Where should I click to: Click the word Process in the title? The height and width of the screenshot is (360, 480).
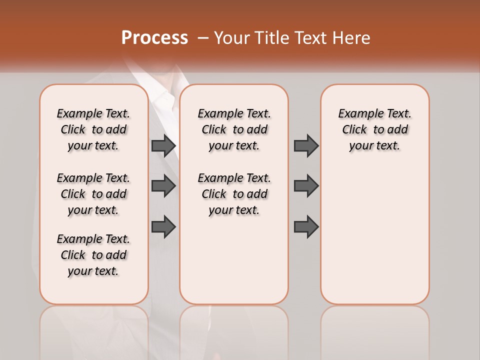(154, 38)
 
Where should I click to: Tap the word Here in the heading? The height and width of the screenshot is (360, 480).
(352, 38)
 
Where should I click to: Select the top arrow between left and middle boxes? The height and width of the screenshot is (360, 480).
(163, 145)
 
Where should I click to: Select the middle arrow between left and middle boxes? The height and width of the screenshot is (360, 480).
(163, 186)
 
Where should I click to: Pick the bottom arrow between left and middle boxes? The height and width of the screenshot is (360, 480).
(163, 226)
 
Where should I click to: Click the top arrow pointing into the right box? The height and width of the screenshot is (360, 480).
(306, 145)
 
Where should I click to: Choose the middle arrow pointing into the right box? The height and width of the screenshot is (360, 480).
(306, 186)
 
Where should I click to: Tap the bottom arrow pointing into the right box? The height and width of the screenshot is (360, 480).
(306, 226)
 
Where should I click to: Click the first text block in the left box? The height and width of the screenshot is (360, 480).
(93, 129)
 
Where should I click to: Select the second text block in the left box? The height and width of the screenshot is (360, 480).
(93, 194)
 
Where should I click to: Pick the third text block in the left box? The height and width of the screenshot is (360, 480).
(93, 255)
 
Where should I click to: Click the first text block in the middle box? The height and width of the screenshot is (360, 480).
(234, 129)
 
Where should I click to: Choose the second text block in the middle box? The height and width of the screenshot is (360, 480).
(234, 194)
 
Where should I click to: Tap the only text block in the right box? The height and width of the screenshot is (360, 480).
(375, 129)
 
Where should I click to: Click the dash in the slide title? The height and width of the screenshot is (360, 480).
(203, 38)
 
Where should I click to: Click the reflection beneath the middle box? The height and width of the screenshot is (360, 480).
(234, 325)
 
